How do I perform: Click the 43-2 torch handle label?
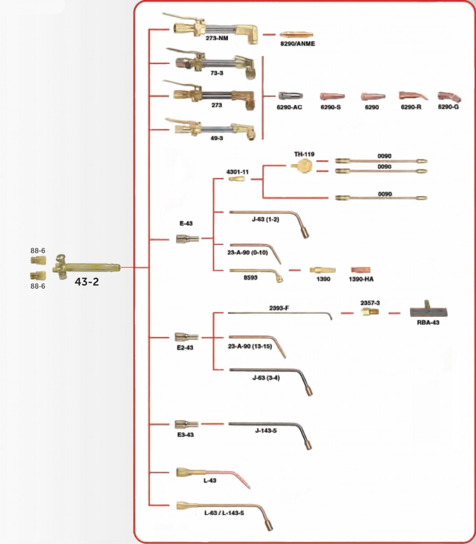pyautogui.click(x=87, y=282)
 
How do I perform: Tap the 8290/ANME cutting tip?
pyautogui.click(x=296, y=35)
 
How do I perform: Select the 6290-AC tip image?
pyautogui.click(x=291, y=96)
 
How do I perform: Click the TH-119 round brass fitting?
pyautogui.click(x=302, y=166)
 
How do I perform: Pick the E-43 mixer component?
pyautogui.click(x=188, y=239)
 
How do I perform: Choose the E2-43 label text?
pyautogui.click(x=185, y=347)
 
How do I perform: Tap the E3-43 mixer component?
pyautogui.click(x=186, y=424)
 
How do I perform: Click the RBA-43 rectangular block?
pyautogui.click(x=429, y=310)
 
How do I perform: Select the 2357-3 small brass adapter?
pyautogui.click(x=370, y=311)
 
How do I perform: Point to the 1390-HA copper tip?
pyautogui.click(x=361, y=270)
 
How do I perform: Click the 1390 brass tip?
pyautogui.click(x=322, y=270)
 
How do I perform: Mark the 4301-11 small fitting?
pyautogui.click(x=236, y=179)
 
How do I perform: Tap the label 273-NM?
pyautogui.click(x=217, y=38)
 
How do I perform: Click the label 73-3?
pyautogui.click(x=217, y=73)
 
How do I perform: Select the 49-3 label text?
pyautogui.click(x=217, y=138)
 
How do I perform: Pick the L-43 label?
pyautogui.click(x=210, y=480)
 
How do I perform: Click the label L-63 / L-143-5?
pyautogui.click(x=224, y=513)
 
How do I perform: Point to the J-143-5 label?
pyautogui.click(x=266, y=430)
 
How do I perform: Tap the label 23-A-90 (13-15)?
pyautogui.click(x=250, y=346)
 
